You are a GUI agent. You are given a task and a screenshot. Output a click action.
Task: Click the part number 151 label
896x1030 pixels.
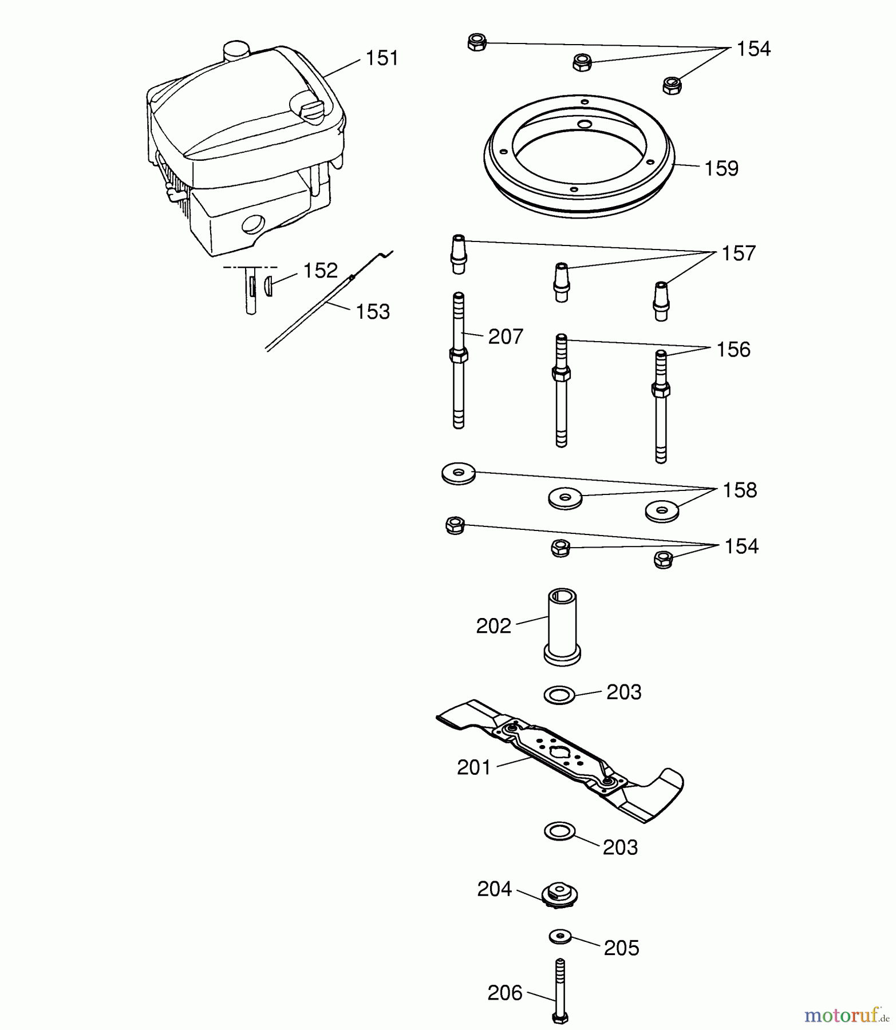381,58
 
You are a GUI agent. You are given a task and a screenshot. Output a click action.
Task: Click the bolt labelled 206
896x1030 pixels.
559,990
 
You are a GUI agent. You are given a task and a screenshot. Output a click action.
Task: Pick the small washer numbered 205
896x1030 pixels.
560,937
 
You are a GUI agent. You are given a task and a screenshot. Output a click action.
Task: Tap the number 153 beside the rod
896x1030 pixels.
373,312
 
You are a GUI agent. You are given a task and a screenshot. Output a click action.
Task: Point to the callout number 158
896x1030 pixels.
740,490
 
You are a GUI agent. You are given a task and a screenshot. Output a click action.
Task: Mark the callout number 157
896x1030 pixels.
739,253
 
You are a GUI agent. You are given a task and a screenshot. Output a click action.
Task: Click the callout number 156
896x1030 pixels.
733,350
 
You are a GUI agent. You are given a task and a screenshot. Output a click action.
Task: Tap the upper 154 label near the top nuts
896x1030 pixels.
753,49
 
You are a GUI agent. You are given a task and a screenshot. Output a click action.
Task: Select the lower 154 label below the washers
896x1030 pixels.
741,546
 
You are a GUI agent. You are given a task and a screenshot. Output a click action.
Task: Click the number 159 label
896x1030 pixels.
721,169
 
